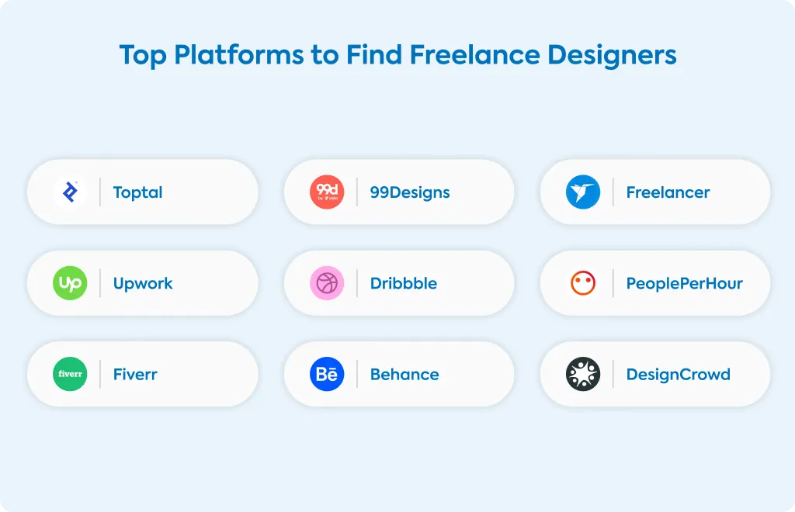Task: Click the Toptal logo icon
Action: click(x=70, y=192)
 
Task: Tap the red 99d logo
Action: click(x=327, y=192)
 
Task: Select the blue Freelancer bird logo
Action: click(x=583, y=192)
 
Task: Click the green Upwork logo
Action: click(x=70, y=283)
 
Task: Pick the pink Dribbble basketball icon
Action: click(x=327, y=283)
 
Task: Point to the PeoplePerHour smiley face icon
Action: click(x=583, y=283)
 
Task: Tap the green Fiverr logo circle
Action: click(x=70, y=374)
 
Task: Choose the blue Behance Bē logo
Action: click(x=327, y=374)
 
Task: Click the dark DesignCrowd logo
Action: click(x=583, y=374)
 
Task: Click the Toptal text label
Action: click(x=138, y=193)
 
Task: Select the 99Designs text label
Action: click(x=410, y=193)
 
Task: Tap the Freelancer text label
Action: click(x=668, y=192)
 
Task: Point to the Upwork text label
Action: click(x=143, y=284)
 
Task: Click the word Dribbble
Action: click(x=404, y=283)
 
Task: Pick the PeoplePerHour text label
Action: click(x=685, y=284)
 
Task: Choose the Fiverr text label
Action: click(x=135, y=374)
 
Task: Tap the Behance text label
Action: click(x=404, y=374)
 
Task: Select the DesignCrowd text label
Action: click(x=679, y=375)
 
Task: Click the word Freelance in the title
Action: click(x=475, y=55)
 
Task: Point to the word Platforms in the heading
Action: click(x=239, y=55)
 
